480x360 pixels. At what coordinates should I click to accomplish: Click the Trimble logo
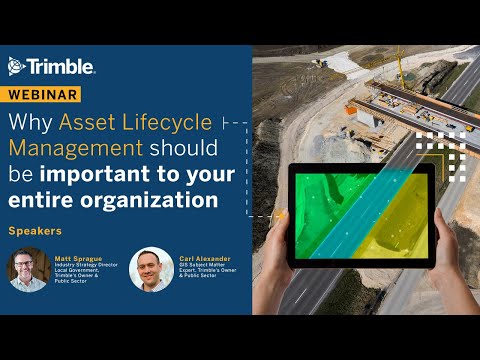point(51,67)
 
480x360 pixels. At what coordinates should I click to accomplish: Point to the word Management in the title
point(76,149)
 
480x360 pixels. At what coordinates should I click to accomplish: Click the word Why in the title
point(30,123)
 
